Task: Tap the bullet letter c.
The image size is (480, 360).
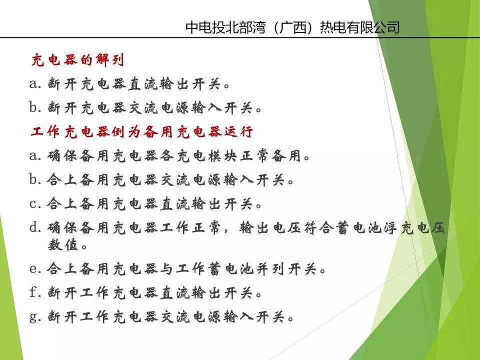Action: click(x=34, y=204)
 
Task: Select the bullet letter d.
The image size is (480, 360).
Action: click(x=34, y=228)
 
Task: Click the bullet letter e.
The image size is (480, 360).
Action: click(x=34, y=269)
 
